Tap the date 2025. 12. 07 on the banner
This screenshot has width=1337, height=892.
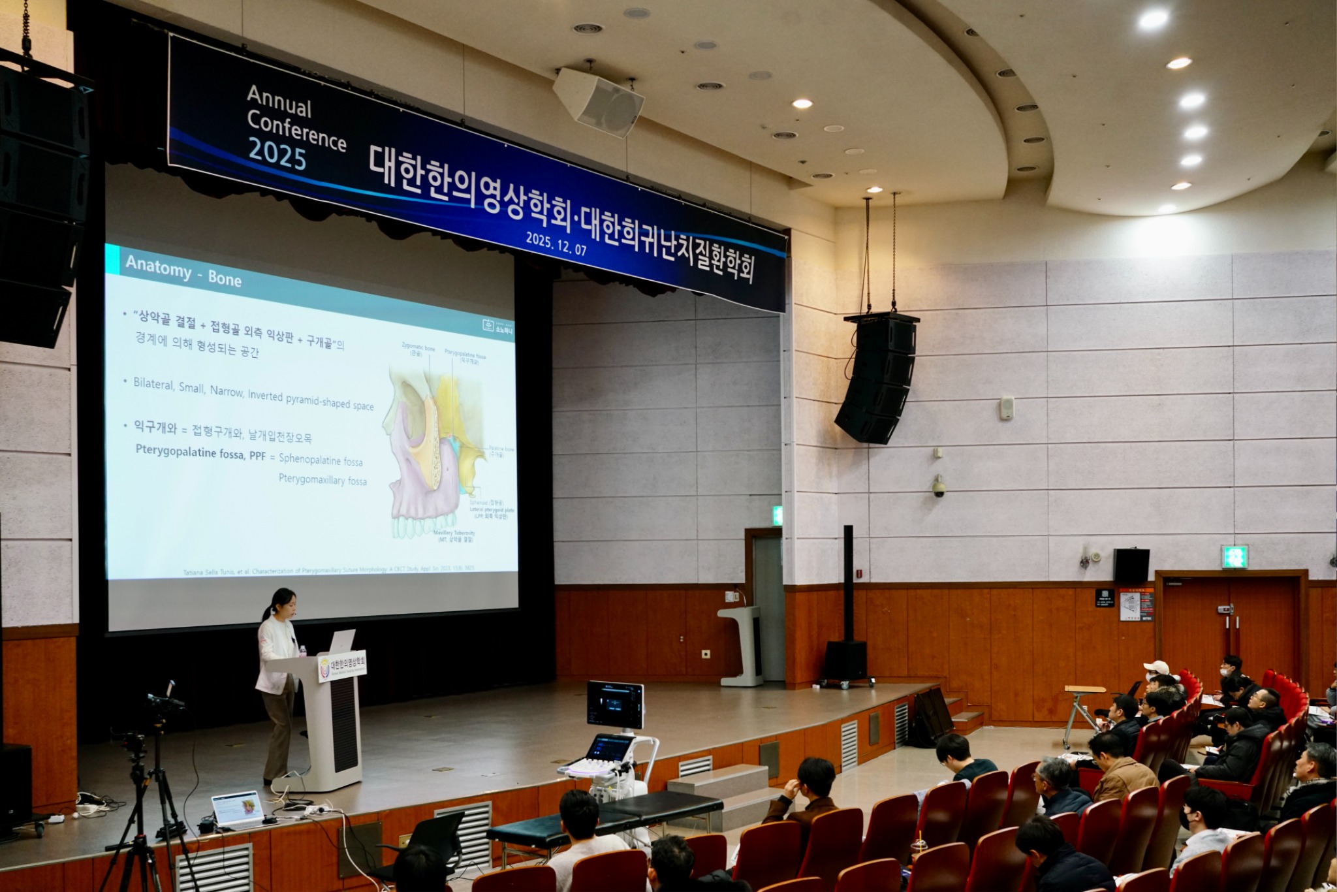556,243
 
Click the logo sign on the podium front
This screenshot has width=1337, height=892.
341,665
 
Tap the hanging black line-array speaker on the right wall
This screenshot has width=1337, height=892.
877,379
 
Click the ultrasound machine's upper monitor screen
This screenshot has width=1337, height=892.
615,705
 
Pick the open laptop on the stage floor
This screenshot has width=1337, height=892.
237,810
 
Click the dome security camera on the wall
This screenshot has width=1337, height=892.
939,486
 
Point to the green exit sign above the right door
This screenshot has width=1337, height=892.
1234,556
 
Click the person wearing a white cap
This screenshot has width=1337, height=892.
1157,669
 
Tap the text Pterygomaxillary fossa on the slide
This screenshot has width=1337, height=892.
322,480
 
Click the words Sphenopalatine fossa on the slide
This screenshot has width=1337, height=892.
321,460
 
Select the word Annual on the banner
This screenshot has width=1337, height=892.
279,101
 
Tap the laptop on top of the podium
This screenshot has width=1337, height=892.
342,641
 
